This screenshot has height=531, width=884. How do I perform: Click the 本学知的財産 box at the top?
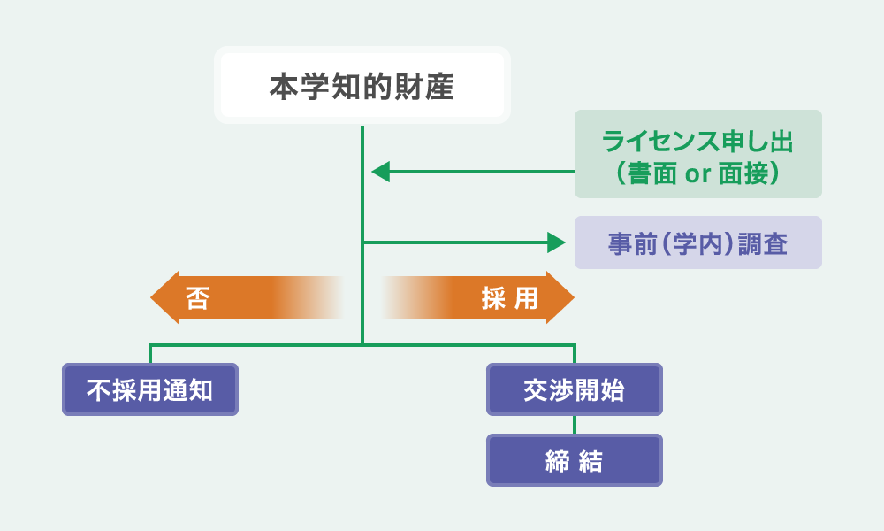click(362, 85)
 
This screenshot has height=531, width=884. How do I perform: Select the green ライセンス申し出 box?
click(698, 154)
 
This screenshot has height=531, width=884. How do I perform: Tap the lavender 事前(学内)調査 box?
click(698, 242)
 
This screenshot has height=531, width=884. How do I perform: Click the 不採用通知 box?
click(150, 389)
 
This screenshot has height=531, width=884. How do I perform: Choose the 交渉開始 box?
click(575, 389)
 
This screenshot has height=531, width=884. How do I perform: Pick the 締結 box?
click(575, 460)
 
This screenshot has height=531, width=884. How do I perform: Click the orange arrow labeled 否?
click(247, 297)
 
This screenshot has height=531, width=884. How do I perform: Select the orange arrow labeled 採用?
click(478, 297)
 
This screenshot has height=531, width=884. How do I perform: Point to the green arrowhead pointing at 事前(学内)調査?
click(556, 242)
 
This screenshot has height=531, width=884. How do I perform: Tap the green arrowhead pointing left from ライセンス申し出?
click(380, 172)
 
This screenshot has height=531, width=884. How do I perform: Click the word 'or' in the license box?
click(697, 174)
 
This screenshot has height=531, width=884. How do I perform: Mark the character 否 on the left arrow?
click(197, 298)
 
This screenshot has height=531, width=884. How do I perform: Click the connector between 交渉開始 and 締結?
click(575, 425)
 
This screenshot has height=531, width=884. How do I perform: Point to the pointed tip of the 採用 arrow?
click(575, 297)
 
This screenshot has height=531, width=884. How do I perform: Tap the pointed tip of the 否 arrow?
click(150, 297)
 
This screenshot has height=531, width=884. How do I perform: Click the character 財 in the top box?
click(408, 87)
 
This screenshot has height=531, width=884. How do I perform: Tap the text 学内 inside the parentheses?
click(697, 244)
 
